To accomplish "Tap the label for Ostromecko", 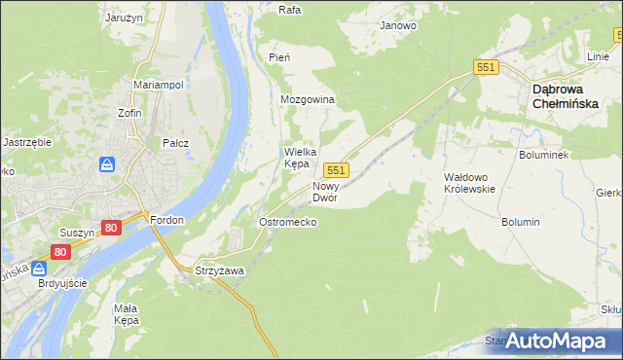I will click(x=287, y=222).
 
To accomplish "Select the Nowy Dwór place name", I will click(x=325, y=191).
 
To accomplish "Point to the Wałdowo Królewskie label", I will click(x=469, y=183).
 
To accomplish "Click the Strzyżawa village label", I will click(x=218, y=270).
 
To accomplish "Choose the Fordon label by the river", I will click(x=167, y=220).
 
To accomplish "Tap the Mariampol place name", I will click(x=159, y=85).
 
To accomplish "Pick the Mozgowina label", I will click(x=308, y=100).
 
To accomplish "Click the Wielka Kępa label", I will click(x=297, y=158).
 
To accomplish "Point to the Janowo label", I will click(x=398, y=26).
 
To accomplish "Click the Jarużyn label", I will click(x=124, y=18).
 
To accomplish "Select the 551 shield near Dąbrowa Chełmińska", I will click(x=487, y=66).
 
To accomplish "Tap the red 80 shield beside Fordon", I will click(x=110, y=229).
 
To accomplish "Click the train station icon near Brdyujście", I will click(x=41, y=269).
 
